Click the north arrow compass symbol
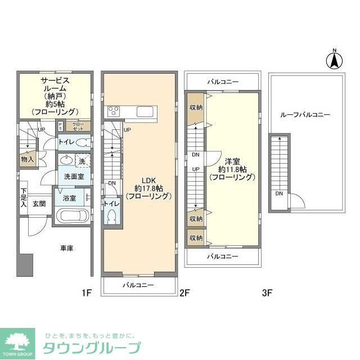click(x=334, y=59)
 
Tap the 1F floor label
click(x=85, y=292)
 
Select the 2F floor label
click(x=185, y=292)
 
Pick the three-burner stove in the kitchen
click(x=113, y=110)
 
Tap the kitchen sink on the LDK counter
click(x=143, y=110)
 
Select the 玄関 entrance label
click(x=39, y=204)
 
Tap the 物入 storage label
click(x=27, y=159)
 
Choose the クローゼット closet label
click(x=78, y=127)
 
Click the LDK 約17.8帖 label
click(x=148, y=191)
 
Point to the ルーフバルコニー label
click(x=305, y=114)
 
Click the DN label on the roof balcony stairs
click(x=279, y=194)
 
